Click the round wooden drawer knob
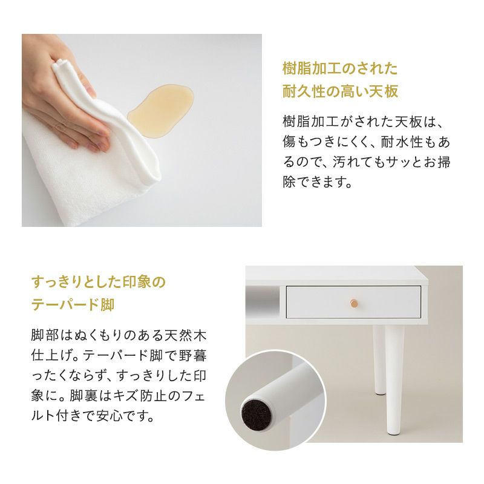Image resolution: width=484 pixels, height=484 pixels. (354, 303)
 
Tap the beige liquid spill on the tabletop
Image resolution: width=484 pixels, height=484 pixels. (161, 109)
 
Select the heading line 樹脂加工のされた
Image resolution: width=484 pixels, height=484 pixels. (340, 68)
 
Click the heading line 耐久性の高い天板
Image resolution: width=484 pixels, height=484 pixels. (340, 91)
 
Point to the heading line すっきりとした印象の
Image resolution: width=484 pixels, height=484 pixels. (99, 282)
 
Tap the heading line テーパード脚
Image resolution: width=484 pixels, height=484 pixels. (73, 305)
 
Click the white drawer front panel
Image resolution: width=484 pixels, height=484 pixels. (354, 302)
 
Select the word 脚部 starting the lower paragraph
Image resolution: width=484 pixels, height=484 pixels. (44, 336)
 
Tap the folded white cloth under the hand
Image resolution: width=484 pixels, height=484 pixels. (93, 154)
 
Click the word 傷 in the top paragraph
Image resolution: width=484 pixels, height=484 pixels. (289, 142)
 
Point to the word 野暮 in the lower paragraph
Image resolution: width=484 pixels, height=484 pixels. (193, 356)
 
